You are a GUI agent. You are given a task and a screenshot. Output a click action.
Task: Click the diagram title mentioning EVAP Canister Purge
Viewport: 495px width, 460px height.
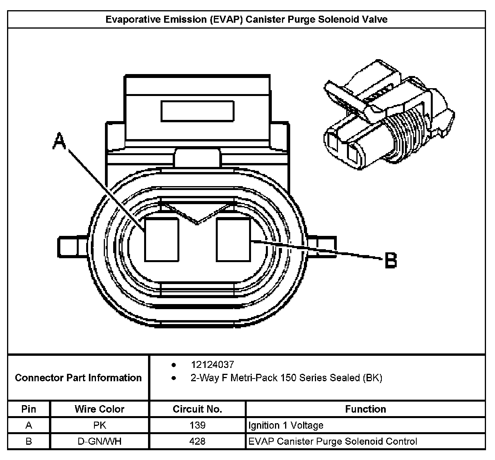click(x=246, y=20)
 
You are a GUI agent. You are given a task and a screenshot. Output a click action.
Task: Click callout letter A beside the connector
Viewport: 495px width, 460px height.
click(x=60, y=141)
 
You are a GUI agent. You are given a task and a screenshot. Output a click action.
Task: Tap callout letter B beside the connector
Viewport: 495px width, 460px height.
click(x=390, y=260)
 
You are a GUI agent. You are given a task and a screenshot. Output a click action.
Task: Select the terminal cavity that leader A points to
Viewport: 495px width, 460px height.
click(x=161, y=240)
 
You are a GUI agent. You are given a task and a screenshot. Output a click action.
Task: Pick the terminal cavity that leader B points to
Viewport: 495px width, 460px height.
click(x=233, y=240)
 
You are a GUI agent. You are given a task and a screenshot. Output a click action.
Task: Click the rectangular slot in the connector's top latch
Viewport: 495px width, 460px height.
click(x=197, y=110)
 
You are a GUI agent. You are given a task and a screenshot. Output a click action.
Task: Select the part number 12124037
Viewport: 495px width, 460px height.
click(x=212, y=364)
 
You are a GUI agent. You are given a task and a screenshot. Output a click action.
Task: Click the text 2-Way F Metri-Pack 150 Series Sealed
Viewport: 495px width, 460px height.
click(x=286, y=378)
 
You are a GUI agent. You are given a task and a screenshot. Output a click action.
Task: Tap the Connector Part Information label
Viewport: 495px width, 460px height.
click(x=78, y=378)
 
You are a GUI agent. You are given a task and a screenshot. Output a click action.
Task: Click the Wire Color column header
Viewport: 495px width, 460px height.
click(x=99, y=409)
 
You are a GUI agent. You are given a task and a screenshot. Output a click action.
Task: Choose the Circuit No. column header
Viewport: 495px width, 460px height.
click(x=197, y=409)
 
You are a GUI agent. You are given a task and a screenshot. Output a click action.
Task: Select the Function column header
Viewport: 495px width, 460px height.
click(x=365, y=409)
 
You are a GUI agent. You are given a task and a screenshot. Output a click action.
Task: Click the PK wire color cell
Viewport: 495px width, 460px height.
click(x=99, y=425)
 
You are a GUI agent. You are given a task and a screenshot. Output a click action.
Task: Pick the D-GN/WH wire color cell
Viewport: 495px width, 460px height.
click(x=99, y=441)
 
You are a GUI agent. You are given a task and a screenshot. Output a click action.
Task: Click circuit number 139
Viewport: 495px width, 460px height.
click(x=197, y=425)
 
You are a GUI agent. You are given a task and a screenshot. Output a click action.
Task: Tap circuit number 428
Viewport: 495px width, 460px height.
click(x=197, y=441)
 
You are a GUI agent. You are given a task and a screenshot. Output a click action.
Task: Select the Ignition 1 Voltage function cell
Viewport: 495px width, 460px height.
click(x=286, y=425)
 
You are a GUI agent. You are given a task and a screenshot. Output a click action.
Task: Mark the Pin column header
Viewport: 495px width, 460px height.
click(x=29, y=409)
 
